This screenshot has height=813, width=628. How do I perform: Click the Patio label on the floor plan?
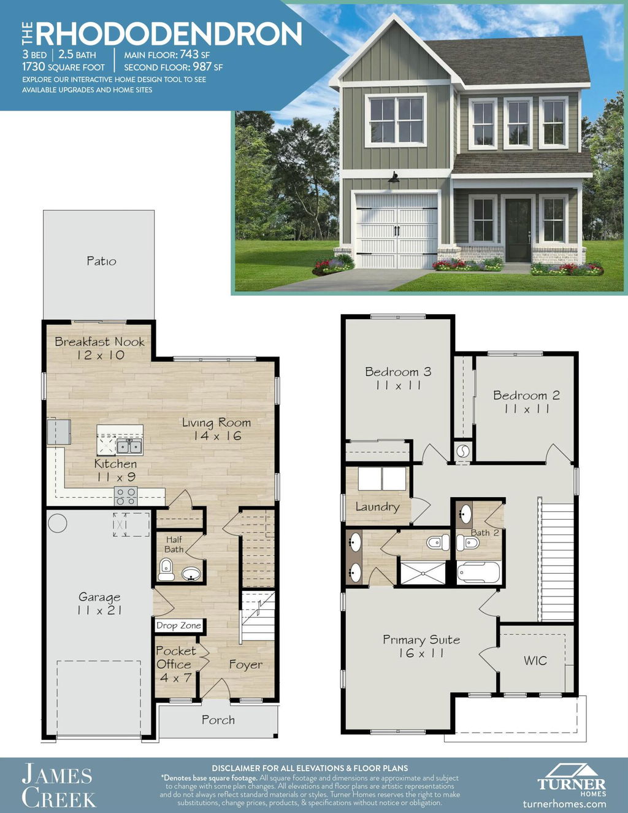click(x=101, y=261)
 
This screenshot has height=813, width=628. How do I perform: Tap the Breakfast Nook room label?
click(x=100, y=348)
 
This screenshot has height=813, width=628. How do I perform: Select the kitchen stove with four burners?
click(x=126, y=496)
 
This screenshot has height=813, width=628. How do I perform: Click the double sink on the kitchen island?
click(x=129, y=446)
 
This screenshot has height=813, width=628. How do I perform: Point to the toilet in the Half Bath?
click(x=166, y=569)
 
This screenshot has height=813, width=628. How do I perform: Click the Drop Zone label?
click(x=178, y=626)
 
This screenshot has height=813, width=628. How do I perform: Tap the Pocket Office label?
click(x=175, y=664)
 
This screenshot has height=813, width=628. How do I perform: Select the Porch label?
click(x=218, y=720)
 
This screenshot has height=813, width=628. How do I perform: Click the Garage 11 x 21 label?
click(x=99, y=604)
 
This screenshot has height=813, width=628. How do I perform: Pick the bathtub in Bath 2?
click(x=479, y=572)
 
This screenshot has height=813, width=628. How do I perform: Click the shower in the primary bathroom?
click(x=423, y=572)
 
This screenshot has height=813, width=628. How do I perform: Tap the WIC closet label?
click(x=535, y=660)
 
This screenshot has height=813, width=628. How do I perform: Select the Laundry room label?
click(x=378, y=507)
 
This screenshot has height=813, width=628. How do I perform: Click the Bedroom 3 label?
click(x=398, y=378)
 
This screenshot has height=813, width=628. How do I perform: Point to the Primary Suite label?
click(x=421, y=646)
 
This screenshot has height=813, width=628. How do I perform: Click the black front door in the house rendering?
click(x=518, y=229)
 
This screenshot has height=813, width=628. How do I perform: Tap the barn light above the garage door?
click(x=394, y=178)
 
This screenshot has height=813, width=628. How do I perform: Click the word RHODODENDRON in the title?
click(x=169, y=34)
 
